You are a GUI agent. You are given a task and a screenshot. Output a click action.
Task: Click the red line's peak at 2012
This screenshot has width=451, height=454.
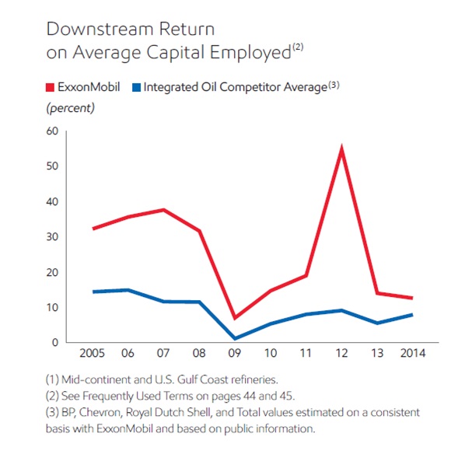341,148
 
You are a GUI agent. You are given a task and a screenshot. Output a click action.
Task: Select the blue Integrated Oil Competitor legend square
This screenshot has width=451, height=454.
138,89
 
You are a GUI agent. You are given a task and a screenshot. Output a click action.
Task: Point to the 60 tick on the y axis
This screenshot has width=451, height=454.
53,131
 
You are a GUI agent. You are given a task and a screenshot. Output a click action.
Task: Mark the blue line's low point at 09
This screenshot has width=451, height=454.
235,338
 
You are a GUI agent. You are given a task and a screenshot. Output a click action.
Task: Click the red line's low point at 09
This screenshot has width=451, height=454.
235,318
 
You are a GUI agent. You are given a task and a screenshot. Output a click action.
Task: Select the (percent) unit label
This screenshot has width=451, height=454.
71,108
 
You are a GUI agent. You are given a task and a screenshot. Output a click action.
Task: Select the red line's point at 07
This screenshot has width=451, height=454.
164,210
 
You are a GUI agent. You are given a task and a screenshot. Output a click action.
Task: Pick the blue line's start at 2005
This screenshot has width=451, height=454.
93,292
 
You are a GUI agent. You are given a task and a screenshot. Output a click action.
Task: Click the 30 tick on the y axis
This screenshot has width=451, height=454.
53,236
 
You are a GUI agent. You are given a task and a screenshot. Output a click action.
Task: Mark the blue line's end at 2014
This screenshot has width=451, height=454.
411,314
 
